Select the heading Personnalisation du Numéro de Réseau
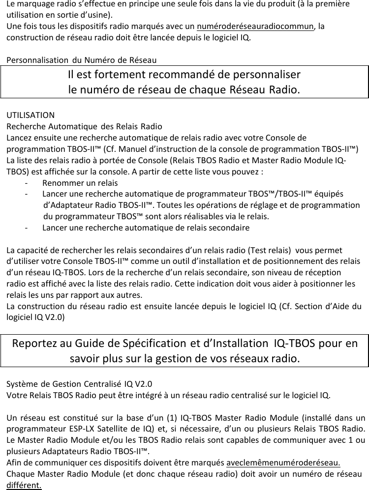81,61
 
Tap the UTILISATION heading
31,115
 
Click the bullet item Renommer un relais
80,182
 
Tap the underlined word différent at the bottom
24,486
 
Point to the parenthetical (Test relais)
266,250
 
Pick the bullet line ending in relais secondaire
146,228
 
